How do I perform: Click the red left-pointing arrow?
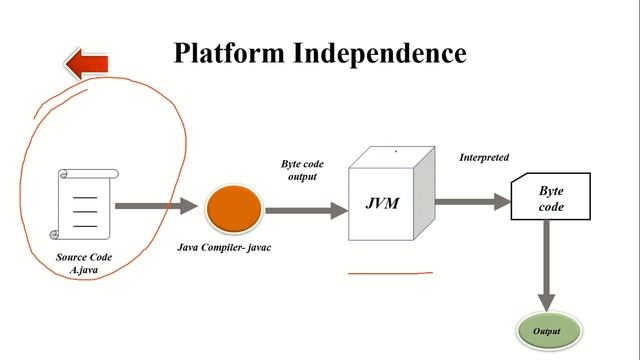(87, 65)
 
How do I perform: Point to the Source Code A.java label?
(84, 263)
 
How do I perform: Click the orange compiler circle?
(234, 209)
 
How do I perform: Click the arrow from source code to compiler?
(155, 206)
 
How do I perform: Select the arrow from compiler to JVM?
(304, 210)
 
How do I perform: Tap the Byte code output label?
(299, 170)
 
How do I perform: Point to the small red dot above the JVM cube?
(395, 152)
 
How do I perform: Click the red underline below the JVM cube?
(390, 272)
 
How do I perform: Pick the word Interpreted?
(484, 158)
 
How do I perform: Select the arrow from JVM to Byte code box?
(472, 201)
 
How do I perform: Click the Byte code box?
(550, 197)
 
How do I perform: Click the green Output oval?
(547, 331)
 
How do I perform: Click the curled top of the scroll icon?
(88, 174)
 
